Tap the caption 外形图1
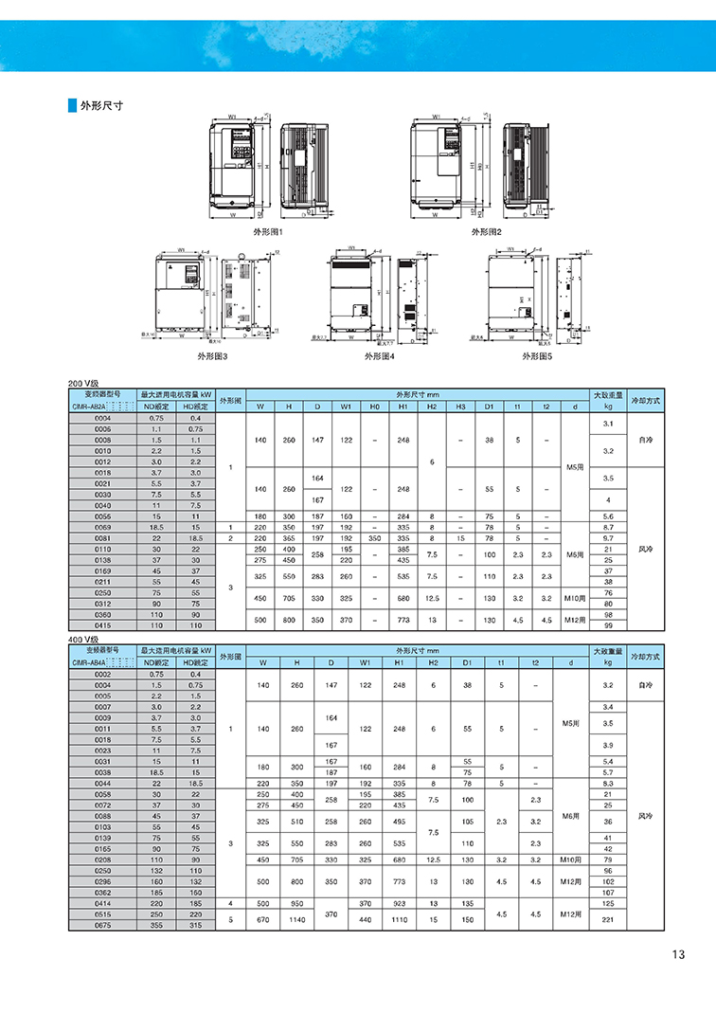tap(268, 231)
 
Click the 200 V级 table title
tap(83, 382)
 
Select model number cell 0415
tap(102, 625)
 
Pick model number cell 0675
tap(102, 925)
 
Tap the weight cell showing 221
tap(608, 919)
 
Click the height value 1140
tap(296, 919)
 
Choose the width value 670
tap(262, 919)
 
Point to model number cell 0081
tap(102, 537)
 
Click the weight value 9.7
tap(608, 537)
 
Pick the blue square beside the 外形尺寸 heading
tap(71, 105)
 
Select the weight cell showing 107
tap(608, 892)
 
